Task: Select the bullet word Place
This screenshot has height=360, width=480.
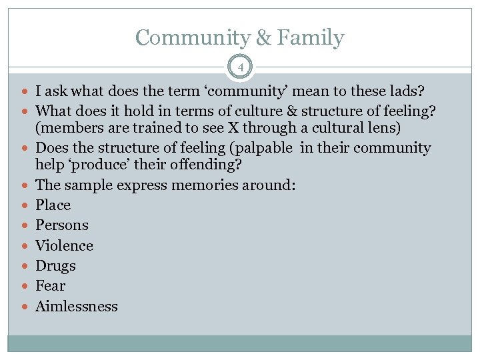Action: pyautogui.click(x=53, y=205)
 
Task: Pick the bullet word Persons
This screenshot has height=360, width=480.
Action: pyautogui.click(x=62, y=225)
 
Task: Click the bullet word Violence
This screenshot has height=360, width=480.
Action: pyautogui.click(x=64, y=245)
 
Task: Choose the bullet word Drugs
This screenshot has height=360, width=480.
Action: pyautogui.click(x=55, y=266)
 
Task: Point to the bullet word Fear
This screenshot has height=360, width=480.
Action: pyautogui.click(x=50, y=286)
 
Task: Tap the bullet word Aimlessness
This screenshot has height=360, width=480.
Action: pyautogui.click(x=76, y=307)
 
